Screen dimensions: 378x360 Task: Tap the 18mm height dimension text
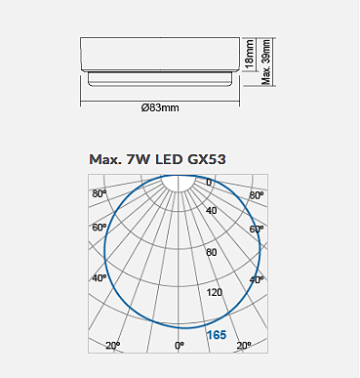click(x=250, y=55)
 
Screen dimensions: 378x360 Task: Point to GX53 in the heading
click(x=209, y=159)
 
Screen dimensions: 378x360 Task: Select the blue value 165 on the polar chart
click(x=216, y=335)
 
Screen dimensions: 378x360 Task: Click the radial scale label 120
click(x=215, y=292)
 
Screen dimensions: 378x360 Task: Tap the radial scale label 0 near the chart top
click(x=208, y=183)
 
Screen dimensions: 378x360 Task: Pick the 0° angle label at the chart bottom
click(x=179, y=346)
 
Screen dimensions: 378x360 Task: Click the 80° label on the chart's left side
click(x=99, y=194)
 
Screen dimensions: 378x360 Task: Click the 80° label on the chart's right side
click(x=257, y=195)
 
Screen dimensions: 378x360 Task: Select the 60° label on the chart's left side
click(x=99, y=229)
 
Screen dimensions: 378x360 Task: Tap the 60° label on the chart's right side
click(x=258, y=229)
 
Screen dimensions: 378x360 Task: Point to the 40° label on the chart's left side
click(x=99, y=278)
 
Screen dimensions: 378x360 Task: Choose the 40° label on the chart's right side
click(x=257, y=279)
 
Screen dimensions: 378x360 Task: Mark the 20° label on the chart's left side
click(x=113, y=346)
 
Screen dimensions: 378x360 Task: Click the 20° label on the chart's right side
click(x=244, y=346)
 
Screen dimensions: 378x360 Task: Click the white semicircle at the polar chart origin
click(x=179, y=182)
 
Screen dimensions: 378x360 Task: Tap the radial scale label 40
click(x=212, y=211)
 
